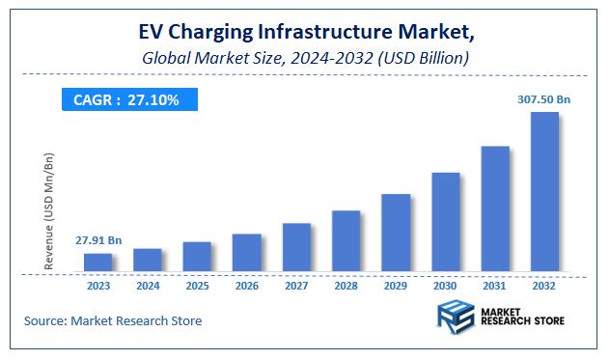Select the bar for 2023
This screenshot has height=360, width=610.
click(x=97, y=262)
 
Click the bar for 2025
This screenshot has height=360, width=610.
click(x=197, y=256)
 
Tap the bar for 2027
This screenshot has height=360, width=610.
click(x=296, y=247)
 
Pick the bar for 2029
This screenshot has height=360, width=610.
click(x=396, y=233)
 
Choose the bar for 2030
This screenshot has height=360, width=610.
click(x=445, y=222)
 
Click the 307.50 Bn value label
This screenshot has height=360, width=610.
click(x=544, y=98)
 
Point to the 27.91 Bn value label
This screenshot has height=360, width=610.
click(x=97, y=240)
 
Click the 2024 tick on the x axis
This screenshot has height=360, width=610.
click(x=148, y=286)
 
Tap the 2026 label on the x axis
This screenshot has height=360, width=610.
click(x=247, y=286)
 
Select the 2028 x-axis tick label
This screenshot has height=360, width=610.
click(x=346, y=286)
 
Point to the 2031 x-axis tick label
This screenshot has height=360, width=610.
click(x=495, y=286)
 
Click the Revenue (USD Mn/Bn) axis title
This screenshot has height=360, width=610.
click(x=49, y=209)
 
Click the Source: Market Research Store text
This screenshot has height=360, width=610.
click(x=113, y=320)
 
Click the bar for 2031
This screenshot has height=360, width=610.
click(x=495, y=208)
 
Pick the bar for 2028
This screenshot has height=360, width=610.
click(x=346, y=240)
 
